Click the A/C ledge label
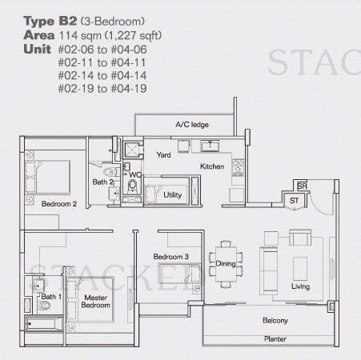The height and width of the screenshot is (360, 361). [192, 125]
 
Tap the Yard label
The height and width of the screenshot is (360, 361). [163, 154]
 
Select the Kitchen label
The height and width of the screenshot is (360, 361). [212, 166]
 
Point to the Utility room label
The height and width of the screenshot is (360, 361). [172, 195]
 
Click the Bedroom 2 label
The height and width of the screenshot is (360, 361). [59, 204]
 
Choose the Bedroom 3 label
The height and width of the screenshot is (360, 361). [170, 257]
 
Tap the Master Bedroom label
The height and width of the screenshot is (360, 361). [95, 302]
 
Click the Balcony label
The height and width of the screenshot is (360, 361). [275, 320]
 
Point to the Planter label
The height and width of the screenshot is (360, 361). [275, 338]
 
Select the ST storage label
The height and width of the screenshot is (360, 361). [294, 201]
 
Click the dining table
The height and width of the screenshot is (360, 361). [226, 264]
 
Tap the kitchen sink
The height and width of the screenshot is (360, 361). [210, 146]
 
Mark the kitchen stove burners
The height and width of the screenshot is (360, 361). [238, 166]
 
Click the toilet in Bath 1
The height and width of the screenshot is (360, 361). [44, 305]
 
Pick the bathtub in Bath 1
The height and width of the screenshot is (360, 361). [44, 323]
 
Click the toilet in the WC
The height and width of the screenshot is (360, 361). [132, 186]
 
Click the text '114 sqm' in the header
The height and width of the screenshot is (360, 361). [80, 35]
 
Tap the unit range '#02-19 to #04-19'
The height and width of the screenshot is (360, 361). [102, 89]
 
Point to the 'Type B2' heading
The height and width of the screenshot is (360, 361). [50, 22]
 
